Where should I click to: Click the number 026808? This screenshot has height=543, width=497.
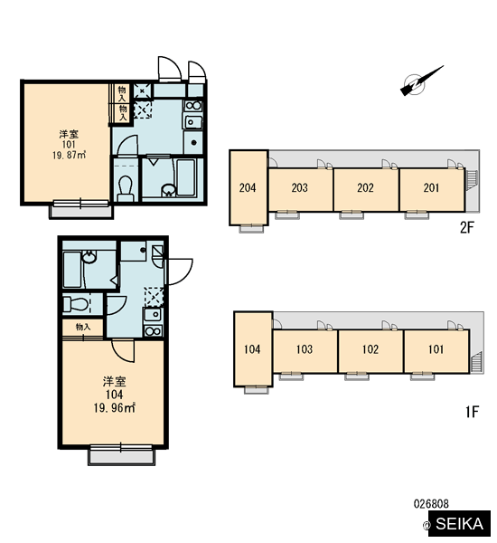click(x=431, y=503)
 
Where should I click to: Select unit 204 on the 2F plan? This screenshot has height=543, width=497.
click(x=248, y=187)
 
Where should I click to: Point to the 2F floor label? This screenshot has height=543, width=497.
click(x=467, y=227)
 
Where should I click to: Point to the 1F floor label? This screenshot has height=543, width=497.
click(x=472, y=412)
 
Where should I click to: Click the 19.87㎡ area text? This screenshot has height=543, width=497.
click(x=70, y=155)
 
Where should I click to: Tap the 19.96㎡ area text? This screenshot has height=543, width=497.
click(x=114, y=408)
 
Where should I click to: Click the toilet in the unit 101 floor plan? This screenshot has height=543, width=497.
click(x=126, y=188)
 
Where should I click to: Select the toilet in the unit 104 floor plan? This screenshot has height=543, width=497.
click(x=75, y=304)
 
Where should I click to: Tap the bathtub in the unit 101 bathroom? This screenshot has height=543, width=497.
click(x=186, y=177)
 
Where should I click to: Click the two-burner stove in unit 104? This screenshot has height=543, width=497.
click(x=154, y=330)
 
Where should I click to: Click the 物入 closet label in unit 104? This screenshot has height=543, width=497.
click(x=83, y=327)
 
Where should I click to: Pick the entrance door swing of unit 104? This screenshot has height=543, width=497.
click(x=180, y=271)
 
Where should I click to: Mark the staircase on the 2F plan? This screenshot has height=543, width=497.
click(x=472, y=180)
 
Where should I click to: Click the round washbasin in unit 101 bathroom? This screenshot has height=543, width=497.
click(x=168, y=190)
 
